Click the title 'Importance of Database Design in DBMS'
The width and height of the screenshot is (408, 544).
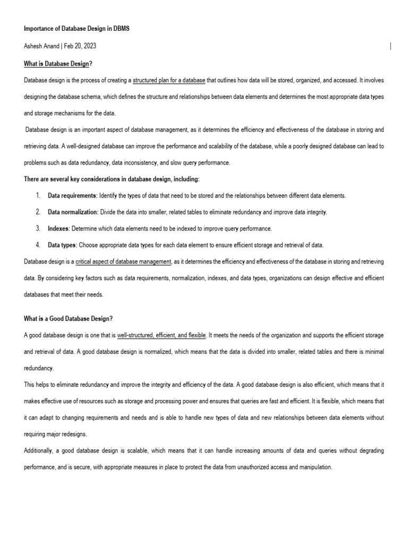tap(76, 29)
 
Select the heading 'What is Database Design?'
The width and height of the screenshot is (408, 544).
tap(58, 64)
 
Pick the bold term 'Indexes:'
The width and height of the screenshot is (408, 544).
tap(59, 228)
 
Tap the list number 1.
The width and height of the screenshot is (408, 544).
tap(38, 195)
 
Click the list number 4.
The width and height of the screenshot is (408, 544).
tap(38, 245)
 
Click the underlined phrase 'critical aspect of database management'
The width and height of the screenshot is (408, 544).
tap(124, 261)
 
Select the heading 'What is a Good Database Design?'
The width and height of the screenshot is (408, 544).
tap(69, 319)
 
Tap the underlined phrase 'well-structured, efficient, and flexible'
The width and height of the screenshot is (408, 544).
tap(161, 336)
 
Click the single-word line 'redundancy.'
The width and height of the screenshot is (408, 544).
tap(39, 368)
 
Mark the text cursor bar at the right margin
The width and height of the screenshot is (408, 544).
tap(390, 46)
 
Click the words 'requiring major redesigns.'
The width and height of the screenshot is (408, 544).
tap(55, 434)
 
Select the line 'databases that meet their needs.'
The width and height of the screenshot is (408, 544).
tap(64, 294)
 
